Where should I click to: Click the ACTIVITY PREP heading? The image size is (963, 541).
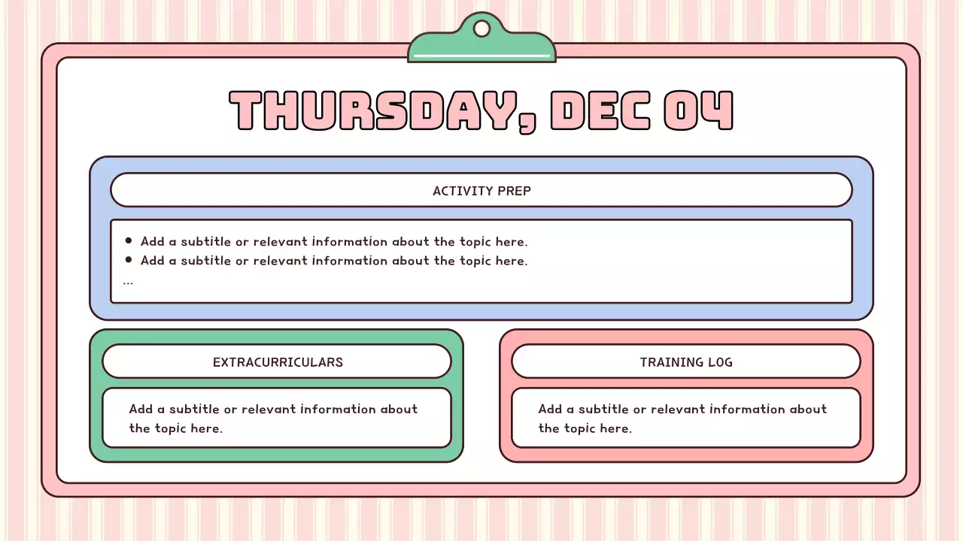(x=481, y=191)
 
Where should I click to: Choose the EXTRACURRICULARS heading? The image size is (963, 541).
(x=278, y=362)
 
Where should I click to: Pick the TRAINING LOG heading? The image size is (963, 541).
(x=686, y=362)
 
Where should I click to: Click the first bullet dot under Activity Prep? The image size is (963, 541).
(x=129, y=241)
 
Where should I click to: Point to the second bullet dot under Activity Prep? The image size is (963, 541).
(x=129, y=260)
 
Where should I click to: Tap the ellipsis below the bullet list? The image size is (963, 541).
(x=128, y=283)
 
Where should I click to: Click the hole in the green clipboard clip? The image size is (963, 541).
(x=481, y=29)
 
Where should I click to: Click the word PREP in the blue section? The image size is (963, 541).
(x=515, y=191)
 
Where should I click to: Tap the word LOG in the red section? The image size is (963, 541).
(x=719, y=362)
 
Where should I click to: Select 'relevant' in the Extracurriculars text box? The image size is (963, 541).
(x=269, y=410)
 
